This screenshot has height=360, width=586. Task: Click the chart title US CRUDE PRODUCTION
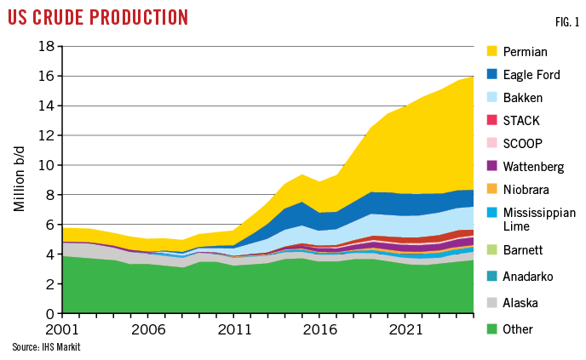click(x=98, y=17)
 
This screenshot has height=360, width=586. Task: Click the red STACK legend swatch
click(x=491, y=120)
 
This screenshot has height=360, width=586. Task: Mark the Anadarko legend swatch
click(x=491, y=276)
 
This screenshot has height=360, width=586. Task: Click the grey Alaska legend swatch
click(x=491, y=302)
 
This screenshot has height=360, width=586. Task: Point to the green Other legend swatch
click(x=491, y=329)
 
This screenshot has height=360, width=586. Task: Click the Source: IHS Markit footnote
click(x=39, y=347)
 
